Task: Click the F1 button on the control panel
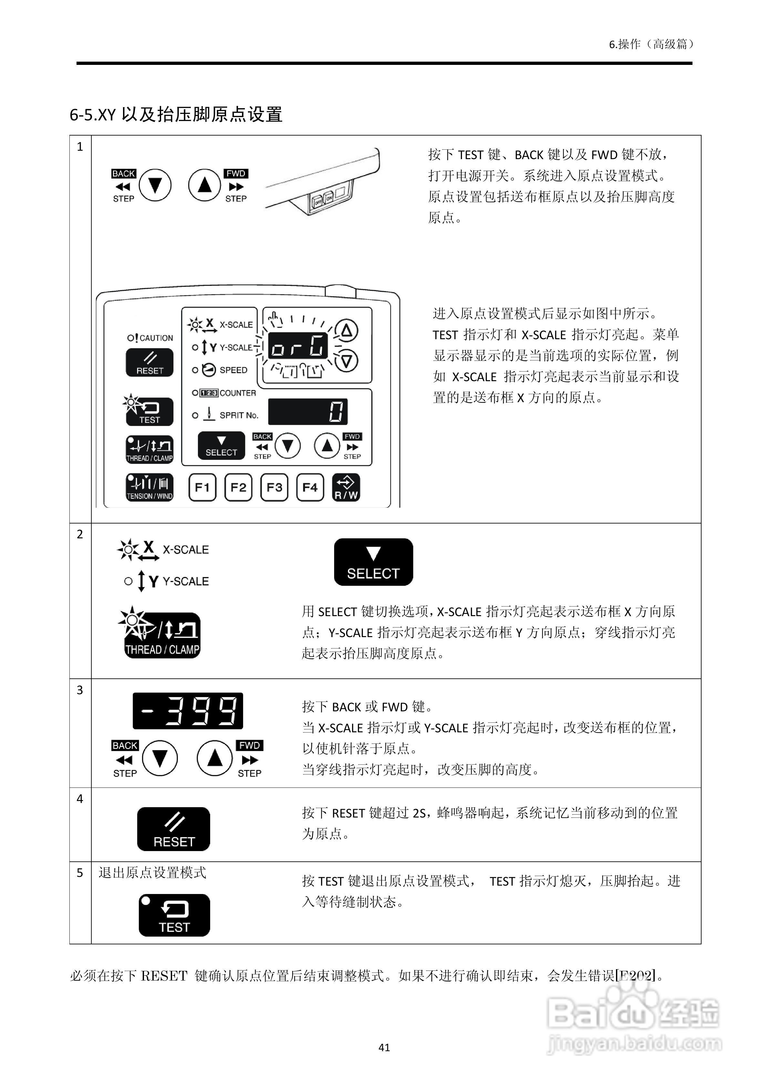tap(202, 487)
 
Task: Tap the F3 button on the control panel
tap(274, 487)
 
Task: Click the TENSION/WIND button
tap(149, 487)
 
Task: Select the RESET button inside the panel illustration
tap(149, 363)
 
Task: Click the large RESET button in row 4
tap(173, 829)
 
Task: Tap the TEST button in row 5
tap(174, 915)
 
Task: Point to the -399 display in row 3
tap(188, 711)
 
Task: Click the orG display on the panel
tap(298, 346)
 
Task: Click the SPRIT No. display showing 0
tap(308, 411)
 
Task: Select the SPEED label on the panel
tap(233, 370)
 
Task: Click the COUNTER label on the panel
tap(237, 393)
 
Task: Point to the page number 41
tap(384, 1047)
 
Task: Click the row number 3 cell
tap(80, 690)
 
